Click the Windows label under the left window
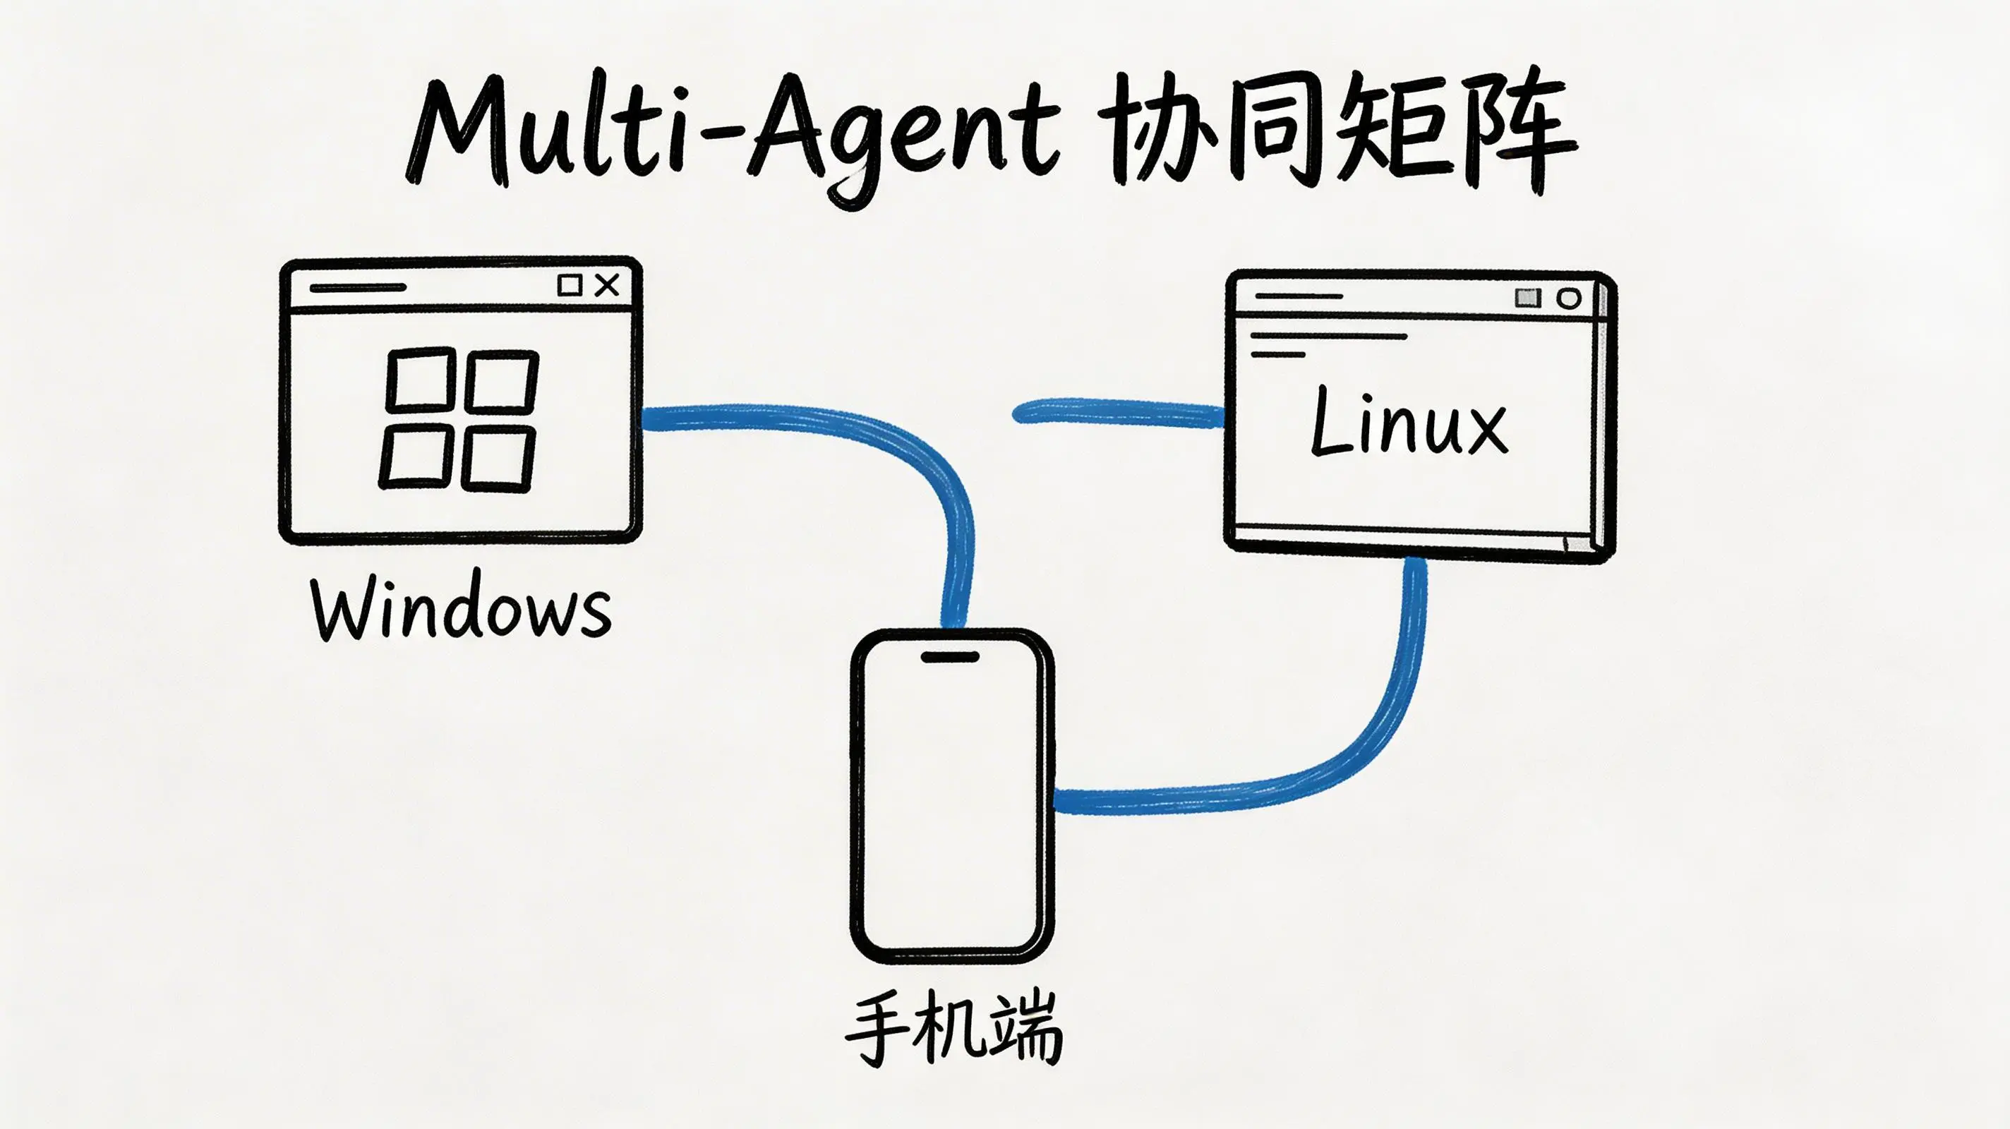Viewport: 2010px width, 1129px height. tap(460, 608)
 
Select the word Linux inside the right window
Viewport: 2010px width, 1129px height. tap(1409, 422)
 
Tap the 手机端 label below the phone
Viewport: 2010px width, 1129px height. tap(953, 1029)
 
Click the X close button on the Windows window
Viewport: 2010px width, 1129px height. tap(607, 285)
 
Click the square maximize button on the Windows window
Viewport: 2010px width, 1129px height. tap(570, 285)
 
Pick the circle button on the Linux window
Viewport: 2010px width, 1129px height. tap(1568, 298)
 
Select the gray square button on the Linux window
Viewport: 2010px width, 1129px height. tap(1528, 297)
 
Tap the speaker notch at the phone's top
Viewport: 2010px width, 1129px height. tap(951, 657)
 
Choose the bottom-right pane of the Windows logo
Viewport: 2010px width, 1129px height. tap(498, 459)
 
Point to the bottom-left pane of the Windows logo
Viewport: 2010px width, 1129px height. tap(415, 457)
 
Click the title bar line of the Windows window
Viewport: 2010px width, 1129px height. tap(358, 287)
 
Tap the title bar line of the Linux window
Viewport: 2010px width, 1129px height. tap(1299, 296)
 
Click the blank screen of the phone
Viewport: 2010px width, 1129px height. tap(952, 804)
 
